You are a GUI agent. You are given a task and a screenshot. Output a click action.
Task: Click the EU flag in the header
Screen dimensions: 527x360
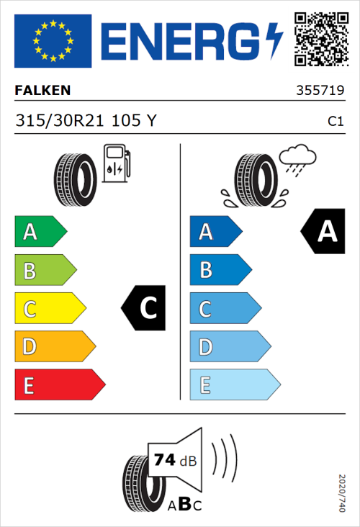tap(53, 40)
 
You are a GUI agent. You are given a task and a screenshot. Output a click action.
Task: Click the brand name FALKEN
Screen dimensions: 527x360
tap(43, 91)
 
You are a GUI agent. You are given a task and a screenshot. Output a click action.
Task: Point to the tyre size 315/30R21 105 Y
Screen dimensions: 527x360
tap(85, 121)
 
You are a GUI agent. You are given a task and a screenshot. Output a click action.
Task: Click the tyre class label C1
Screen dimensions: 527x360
tap(335, 122)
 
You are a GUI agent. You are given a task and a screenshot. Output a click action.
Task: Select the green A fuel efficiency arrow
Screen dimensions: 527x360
tap(40, 232)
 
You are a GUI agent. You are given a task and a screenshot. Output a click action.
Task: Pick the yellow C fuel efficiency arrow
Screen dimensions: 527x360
tap(49, 309)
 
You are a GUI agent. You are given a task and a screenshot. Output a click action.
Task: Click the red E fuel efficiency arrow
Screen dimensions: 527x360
tap(59, 385)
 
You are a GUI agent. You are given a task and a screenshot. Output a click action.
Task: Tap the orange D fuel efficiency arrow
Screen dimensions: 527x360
tap(54, 347)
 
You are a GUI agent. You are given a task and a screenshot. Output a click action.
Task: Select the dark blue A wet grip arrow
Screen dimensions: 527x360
tap(215, 232)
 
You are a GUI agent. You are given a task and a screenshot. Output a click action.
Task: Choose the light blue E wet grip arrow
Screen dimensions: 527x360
tap(234, 385)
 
